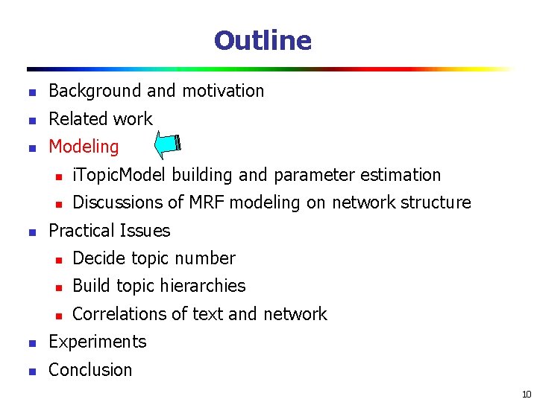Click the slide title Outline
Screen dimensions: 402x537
pos(263,40)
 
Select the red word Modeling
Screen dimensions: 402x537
pos(84,147)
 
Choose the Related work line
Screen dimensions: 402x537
pos(100,119)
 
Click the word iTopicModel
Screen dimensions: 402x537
pos(120,175)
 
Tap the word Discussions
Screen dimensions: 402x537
pos(119,202)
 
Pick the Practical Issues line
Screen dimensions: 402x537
pos(109,231)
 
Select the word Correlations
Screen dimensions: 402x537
pos(122,314)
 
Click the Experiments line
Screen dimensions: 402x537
pos(97,342)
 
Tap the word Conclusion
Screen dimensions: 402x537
pos(90,370)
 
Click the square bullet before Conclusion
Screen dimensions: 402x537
pos(31,371)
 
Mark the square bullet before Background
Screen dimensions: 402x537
pos(31,92)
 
